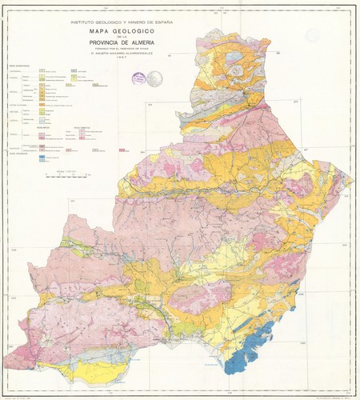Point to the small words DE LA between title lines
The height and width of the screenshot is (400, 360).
tap(120, 38)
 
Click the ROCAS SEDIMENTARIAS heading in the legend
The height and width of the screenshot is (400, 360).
tap(20, 66)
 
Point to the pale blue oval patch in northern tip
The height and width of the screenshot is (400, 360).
tap(238, 70)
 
